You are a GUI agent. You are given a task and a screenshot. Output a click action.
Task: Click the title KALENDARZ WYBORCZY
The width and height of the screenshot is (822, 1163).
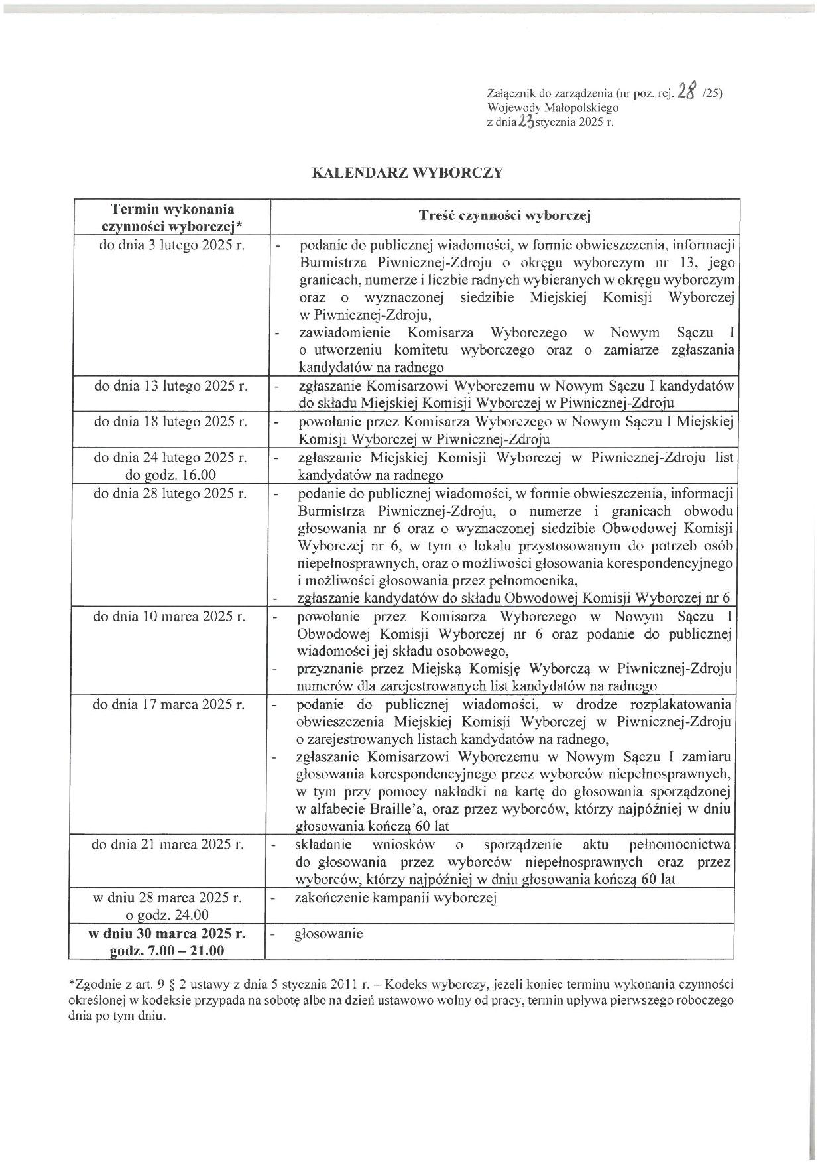[x=407, y=173]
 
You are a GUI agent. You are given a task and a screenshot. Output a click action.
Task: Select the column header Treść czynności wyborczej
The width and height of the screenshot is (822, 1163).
[x=504, y=215]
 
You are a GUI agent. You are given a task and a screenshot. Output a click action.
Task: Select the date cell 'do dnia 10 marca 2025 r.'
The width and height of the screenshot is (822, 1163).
[x=170, y=616]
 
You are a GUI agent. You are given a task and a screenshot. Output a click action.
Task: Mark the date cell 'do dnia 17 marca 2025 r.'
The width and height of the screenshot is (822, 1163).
[x=169, y=704]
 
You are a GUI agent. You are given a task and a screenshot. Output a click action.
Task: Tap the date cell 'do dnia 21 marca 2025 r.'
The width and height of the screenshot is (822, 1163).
[x=168, y=845]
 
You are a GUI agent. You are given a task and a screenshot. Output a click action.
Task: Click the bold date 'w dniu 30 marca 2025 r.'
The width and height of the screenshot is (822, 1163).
[x=167, y=933]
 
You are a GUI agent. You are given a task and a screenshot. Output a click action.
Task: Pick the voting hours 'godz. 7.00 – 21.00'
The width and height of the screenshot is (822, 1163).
[x=167, y=950]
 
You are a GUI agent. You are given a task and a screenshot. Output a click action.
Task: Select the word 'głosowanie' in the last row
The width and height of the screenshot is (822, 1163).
[x=329, y=934]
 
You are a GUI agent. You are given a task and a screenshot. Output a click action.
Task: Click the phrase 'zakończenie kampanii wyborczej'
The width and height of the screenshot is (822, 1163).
[x=396, y=898]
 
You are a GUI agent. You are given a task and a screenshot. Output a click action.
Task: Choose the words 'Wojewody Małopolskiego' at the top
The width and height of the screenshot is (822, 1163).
[x=552, y=107]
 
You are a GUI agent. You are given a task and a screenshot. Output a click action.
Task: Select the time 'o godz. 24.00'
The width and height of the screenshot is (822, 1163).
[x=168, y=916]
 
